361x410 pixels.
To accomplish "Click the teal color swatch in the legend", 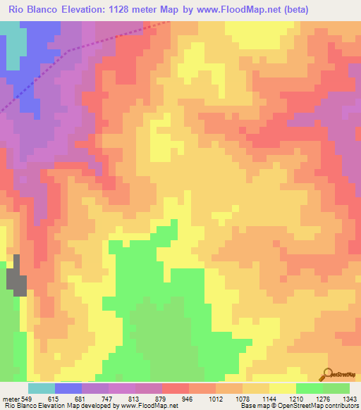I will (x=41, y=388).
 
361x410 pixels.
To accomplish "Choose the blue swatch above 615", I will (x=68, y=388).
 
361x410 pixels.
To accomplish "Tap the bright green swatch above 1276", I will (x=309, y=388).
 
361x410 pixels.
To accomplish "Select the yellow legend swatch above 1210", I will (x=282, y=388).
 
